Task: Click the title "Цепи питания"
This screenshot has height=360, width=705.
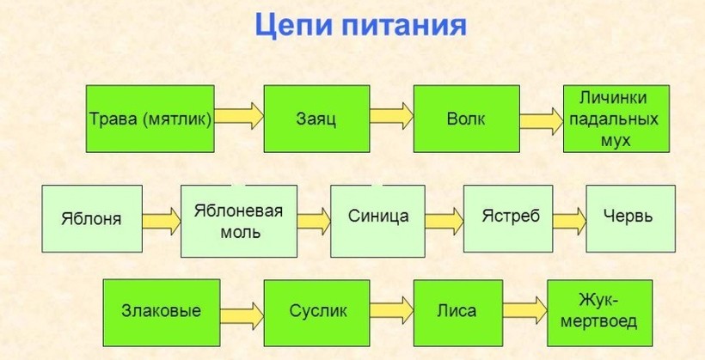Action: [x=360, y=26]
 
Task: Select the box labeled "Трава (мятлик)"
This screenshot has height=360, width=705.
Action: [x=150, y=119]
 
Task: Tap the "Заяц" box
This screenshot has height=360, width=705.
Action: [x=316, y=119]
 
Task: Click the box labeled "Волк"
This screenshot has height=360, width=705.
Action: [x=467, y=119]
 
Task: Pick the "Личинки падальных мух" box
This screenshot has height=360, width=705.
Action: [x=616, y=119]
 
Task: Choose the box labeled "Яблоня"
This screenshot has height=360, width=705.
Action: [x=92, y=219]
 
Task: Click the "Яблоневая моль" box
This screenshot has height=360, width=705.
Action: [x=239, y=221]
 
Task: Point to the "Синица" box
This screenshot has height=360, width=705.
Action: [x=377, y=221]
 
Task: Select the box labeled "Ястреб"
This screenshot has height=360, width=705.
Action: [x=508, y=219]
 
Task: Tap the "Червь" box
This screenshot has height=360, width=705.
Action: [x=630, y=219]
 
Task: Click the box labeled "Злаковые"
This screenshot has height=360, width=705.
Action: [x=162, y=313]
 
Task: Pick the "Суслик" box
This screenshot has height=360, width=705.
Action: [x=316, y=313]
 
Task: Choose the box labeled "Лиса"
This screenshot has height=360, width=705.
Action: [x=457, y=313]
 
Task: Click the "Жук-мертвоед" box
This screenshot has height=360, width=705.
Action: [x=600, y=313]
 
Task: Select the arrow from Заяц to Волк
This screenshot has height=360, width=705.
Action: [x=391, y=116]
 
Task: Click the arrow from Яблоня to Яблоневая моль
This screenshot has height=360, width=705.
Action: [x=162, y=221]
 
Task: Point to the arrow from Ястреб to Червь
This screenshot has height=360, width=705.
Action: [x=570, y=221]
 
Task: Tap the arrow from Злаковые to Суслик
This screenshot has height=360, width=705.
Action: [x=242, y=315]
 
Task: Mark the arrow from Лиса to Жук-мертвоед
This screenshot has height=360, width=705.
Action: [x=525, y=310]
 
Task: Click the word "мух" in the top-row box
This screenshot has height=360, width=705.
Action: [x=616, y=140]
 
